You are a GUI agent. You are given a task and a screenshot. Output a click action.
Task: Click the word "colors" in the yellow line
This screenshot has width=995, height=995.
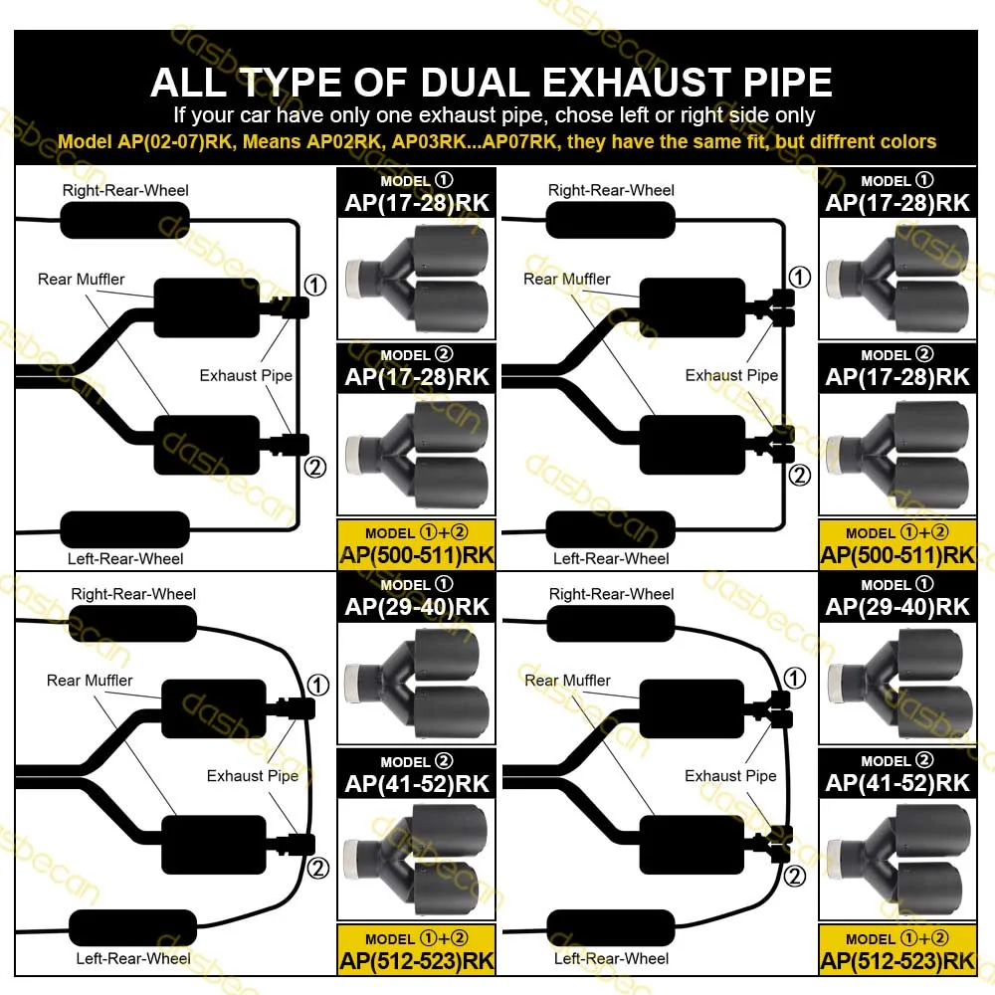tap(904, 141)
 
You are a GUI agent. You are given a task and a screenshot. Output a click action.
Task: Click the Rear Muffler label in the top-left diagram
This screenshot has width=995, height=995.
tap(82, 279)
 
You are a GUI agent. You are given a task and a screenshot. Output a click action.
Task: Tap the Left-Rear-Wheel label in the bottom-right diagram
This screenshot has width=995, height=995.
tap(611, 958)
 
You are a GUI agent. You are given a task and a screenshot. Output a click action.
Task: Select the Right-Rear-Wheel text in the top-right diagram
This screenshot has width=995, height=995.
tap(611, 190)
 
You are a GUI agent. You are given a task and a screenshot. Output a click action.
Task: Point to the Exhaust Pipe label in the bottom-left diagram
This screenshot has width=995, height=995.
tap(253, 775)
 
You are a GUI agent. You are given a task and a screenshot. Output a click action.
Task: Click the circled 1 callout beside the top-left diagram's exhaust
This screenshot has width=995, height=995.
tap(314, 286)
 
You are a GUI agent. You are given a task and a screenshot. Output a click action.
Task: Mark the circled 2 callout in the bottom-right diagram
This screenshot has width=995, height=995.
tap(795, 876)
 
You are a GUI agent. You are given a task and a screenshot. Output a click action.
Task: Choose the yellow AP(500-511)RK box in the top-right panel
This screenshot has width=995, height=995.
tap(897, 545)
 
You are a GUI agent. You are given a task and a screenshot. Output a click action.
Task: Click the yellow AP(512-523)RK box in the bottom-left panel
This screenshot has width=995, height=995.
tap(417, 950)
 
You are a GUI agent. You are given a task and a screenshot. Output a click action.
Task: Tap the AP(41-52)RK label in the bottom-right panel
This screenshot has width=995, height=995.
tap(897, 782)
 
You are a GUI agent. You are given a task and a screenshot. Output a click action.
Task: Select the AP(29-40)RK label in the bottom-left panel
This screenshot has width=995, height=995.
tap(417, 606)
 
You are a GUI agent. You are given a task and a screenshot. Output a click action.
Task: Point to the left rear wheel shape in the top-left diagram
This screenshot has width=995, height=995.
tap(124, 528)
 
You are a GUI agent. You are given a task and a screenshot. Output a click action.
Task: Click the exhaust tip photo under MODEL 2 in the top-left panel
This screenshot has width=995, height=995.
tap(417, 454)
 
